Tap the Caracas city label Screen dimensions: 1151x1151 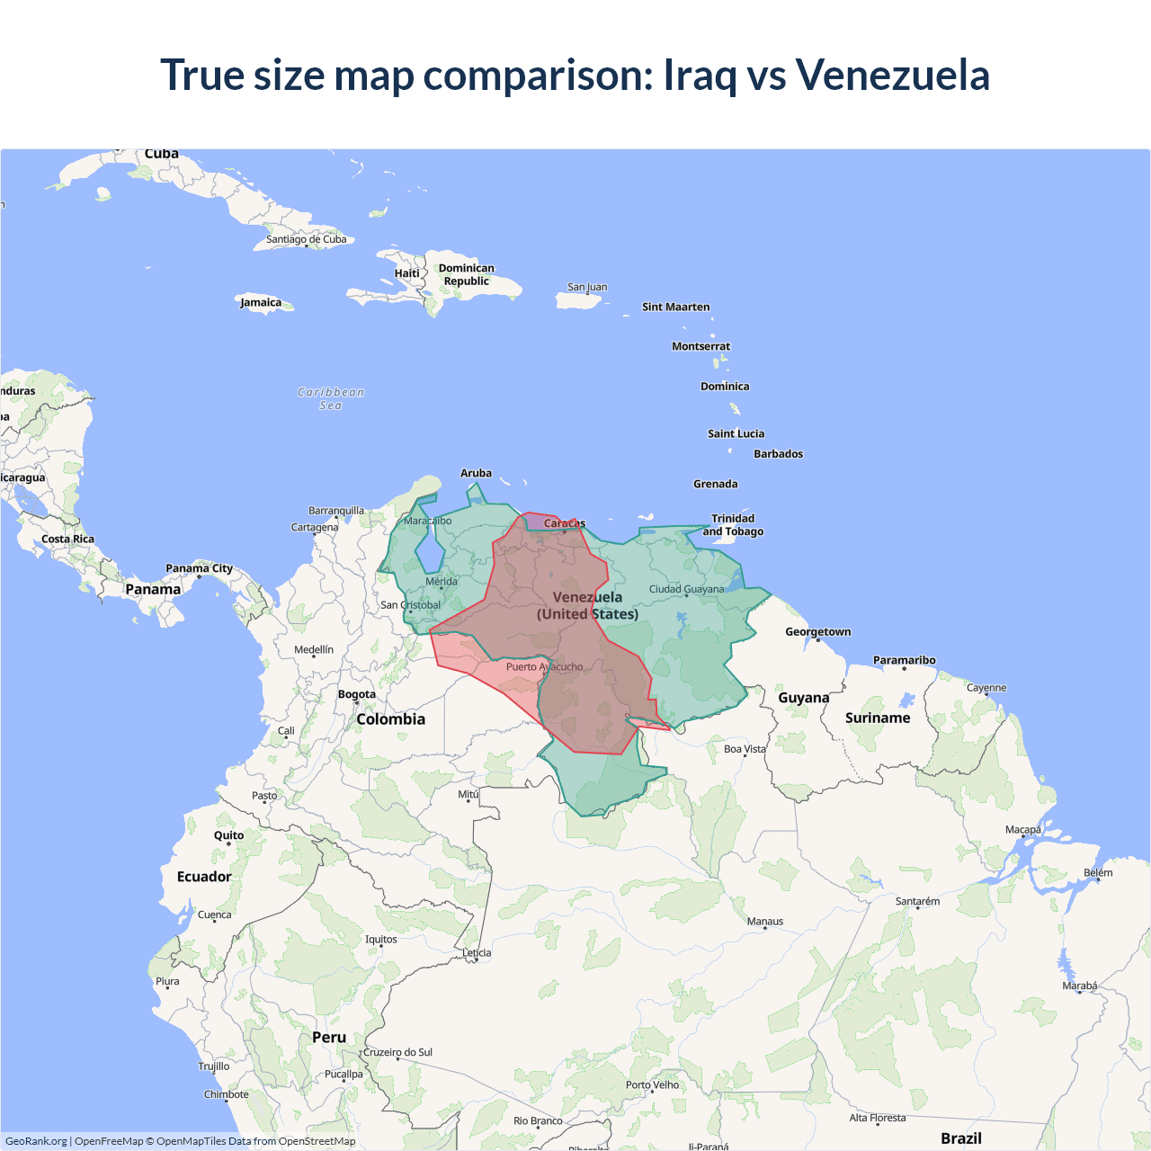click(564, 523)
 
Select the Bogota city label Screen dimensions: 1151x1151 click(357, 694)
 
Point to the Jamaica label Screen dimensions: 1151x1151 click(261, 302)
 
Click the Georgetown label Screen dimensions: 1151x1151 click(817, 631)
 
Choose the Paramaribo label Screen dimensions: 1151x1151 click(904, 660)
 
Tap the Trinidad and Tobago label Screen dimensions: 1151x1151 click(733, 525)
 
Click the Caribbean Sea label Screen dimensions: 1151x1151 click(331, 398)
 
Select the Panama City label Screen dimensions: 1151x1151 click(199, 568)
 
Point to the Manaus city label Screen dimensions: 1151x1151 click(765, 921)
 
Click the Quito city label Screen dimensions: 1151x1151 click(228, 835)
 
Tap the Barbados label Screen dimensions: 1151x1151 click(778, 454)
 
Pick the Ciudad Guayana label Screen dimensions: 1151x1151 click(686, 589)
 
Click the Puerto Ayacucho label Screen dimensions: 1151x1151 click(544, 667)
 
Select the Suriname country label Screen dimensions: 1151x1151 click(878, 718)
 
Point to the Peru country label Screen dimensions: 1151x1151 click(329, 1037)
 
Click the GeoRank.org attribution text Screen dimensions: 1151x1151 click(36, 1141)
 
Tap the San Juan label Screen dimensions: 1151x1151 click(587, 287)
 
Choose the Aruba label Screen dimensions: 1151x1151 click(476, 473)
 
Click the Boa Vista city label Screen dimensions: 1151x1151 click(745, 749)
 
